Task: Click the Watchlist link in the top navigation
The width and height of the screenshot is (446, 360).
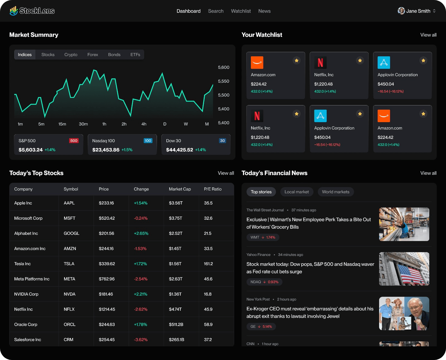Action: [x=241, y=11]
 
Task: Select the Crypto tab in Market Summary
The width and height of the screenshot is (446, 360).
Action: [x=71, y=55]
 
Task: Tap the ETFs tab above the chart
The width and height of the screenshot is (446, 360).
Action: [x=135, y=55]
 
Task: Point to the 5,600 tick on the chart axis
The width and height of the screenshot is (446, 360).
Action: [x=224, y=67]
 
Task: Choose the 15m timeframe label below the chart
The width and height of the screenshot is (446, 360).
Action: [x=62, y=124]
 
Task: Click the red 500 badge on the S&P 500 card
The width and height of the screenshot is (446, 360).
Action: [x=74, y=141]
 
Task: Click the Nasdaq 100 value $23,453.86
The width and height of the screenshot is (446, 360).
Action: [x=106, y=150]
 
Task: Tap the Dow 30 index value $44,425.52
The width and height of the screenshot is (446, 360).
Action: [x=180, y=150]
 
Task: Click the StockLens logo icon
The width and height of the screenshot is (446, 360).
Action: [x=13, y=11]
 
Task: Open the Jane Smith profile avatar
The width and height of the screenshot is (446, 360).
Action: [x=401, y=11]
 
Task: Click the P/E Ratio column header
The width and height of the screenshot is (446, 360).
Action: [x=213, y=189]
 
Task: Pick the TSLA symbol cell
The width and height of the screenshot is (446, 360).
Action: [x=69, y=264]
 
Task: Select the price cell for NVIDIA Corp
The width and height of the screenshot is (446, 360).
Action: [x=106, y=294]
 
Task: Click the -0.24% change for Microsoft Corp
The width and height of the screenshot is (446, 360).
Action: [x=141, y=218]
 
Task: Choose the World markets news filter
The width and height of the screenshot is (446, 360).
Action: [x=336, y=192]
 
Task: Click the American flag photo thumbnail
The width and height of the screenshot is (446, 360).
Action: [x=404, y=269]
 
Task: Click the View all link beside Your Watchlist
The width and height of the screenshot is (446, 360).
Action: [x=428, y=35]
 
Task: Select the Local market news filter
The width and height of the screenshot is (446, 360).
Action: [x=297, y=192]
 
